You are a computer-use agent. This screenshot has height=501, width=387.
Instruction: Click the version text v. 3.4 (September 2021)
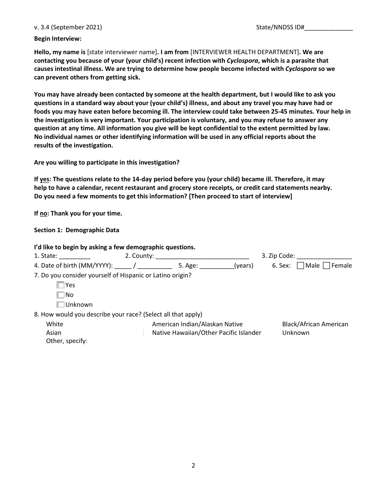[68, 27]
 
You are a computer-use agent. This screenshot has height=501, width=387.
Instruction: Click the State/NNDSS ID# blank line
[328, 28]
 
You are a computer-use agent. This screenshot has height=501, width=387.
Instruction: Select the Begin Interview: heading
[58, 39]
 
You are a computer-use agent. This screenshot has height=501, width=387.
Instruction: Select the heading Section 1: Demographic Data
[77, 230]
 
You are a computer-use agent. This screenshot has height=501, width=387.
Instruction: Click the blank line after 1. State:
[75, 257]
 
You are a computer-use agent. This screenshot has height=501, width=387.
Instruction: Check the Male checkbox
[301, 266]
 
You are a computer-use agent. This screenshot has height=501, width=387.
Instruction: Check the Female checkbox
[326, 266]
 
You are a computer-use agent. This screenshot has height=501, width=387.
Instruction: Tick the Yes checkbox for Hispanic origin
[61, 285]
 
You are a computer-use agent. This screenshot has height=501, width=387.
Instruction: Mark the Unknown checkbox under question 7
[61, 305]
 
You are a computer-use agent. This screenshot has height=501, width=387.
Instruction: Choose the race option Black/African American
[315, 324]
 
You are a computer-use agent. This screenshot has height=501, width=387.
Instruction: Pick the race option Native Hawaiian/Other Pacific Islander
[207, 333]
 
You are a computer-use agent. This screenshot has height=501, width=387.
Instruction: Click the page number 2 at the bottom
[193, 466]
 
